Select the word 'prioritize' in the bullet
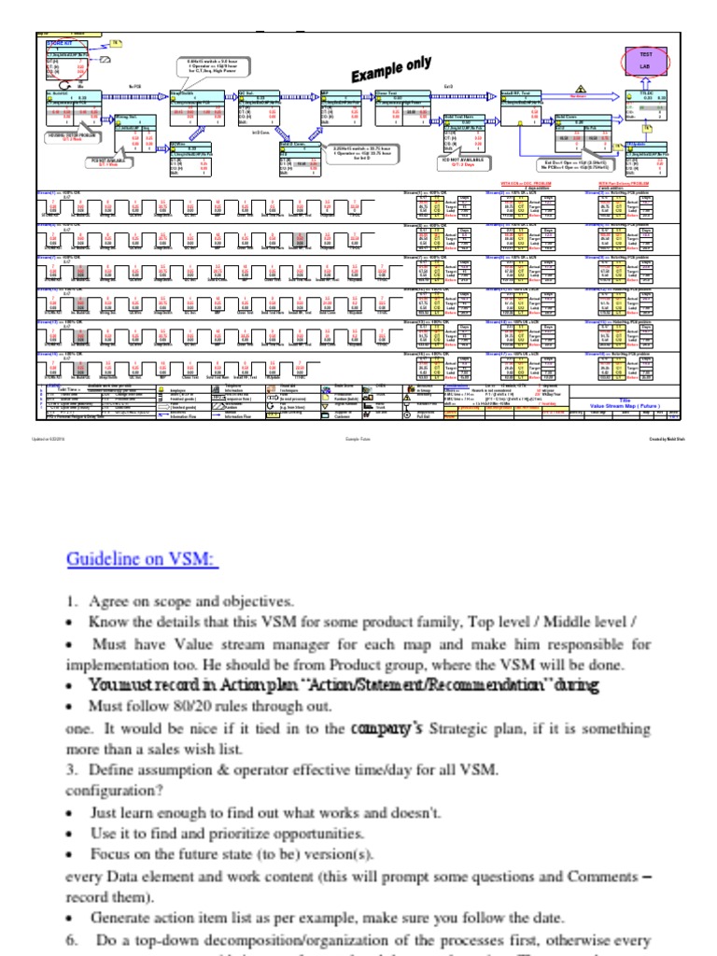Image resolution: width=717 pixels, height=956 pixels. (x=231, y=833)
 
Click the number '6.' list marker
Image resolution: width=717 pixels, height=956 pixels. (x=72, y=940)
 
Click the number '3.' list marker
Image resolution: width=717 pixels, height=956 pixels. (x=72, y=770)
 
